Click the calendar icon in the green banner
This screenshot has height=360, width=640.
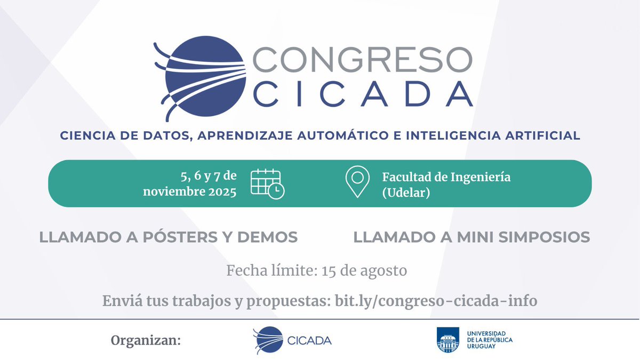(267, 183)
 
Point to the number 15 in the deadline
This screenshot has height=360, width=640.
(329, 271)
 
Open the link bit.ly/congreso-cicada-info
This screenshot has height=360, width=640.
(436, 301)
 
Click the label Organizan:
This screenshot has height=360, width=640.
(146, 340)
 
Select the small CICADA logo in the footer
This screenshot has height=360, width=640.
(292, 340)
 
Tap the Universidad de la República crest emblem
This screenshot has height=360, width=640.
(447, 340)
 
